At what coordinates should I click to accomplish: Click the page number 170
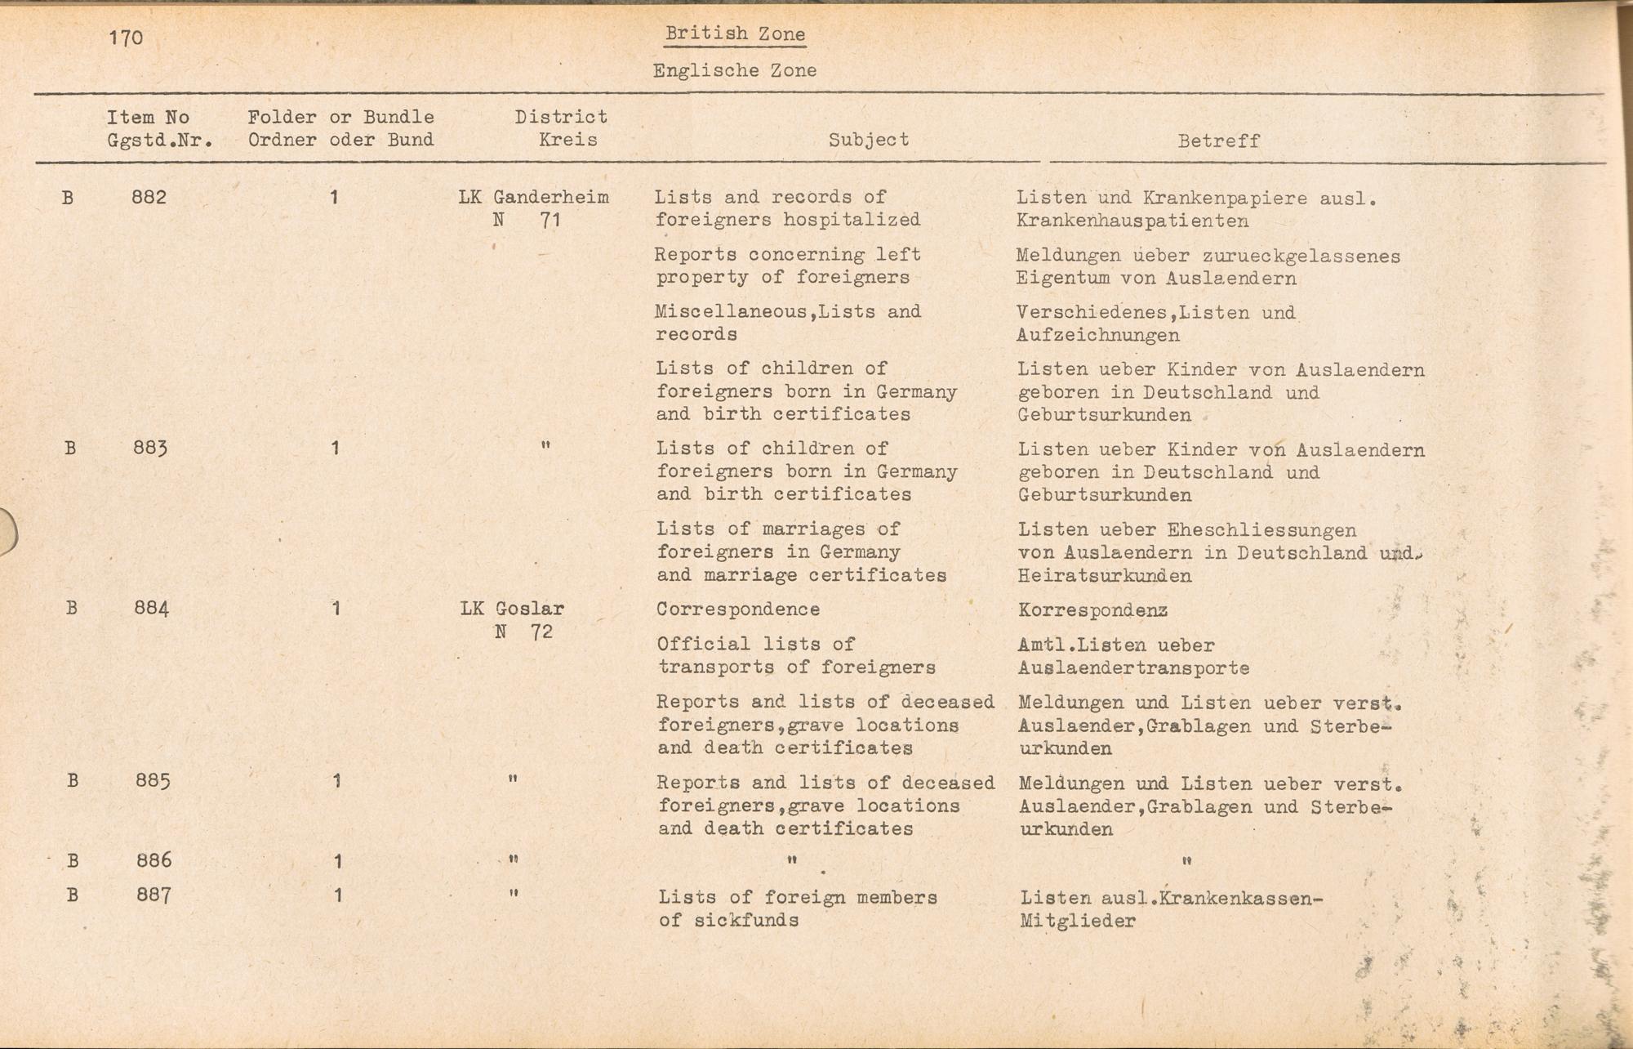coord(126,38)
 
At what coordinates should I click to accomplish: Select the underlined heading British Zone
coord(735,33)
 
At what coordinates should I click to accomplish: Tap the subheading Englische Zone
coord(734,70)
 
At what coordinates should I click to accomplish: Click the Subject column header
coord(868,140)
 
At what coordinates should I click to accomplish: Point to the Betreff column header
coord(1218,141)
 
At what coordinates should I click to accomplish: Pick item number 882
coord(149,197)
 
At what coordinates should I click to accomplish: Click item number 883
coord(150,448)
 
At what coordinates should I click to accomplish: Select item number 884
coord(151,608)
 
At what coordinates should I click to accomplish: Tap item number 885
coord(153,780)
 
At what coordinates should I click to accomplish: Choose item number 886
coord(154,859)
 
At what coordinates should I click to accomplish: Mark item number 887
coord(154,895)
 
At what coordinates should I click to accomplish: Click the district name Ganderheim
coord(551,197)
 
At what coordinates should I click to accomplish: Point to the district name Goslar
coord(530,609)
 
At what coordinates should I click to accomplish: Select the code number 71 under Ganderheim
coord(550,220)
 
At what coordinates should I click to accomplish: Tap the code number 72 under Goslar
coord(541,632)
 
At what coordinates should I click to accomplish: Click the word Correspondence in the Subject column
coord(738,609)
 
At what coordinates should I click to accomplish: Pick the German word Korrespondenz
coord(1092,610)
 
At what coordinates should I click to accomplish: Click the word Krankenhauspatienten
coord(1132,221)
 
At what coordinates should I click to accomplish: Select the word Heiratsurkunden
coord(1104,576)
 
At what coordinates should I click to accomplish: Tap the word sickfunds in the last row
coord(745,920)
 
